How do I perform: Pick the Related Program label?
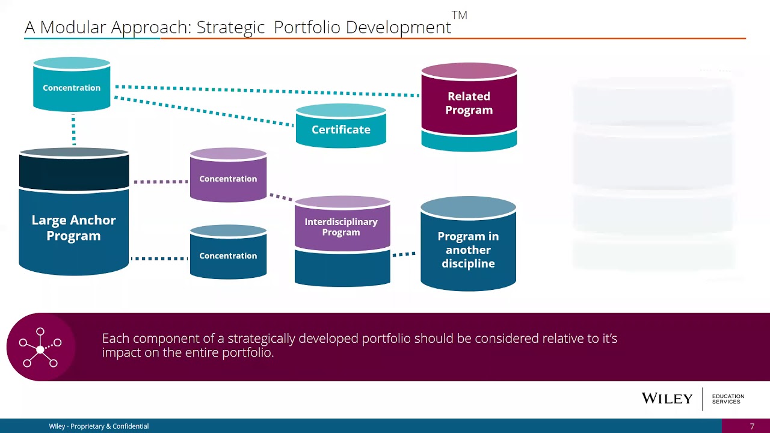point(469,103)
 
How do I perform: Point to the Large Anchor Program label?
point(73,228)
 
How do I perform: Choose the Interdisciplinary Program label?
point(341,227)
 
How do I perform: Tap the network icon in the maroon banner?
point(40,347)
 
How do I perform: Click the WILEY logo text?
point(667,398)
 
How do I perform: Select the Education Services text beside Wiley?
point(728,399)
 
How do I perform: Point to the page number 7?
point(752,426)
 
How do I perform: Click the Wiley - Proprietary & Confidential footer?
point(99,426)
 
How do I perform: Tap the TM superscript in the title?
point(459,16)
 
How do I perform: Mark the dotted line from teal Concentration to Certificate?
point(205,112)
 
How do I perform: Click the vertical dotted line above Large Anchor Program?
point(73,131)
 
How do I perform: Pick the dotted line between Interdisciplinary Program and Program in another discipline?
point(404,254)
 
